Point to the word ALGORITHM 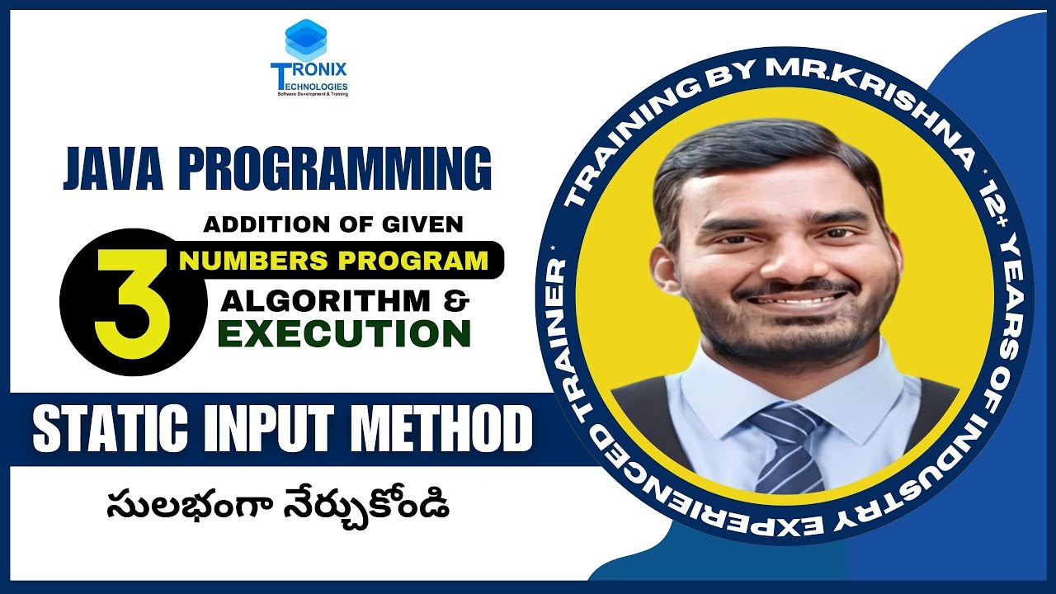click(x=326, y=301)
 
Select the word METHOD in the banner click(x=447, y=429)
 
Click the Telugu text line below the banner click(x=278, y=503)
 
